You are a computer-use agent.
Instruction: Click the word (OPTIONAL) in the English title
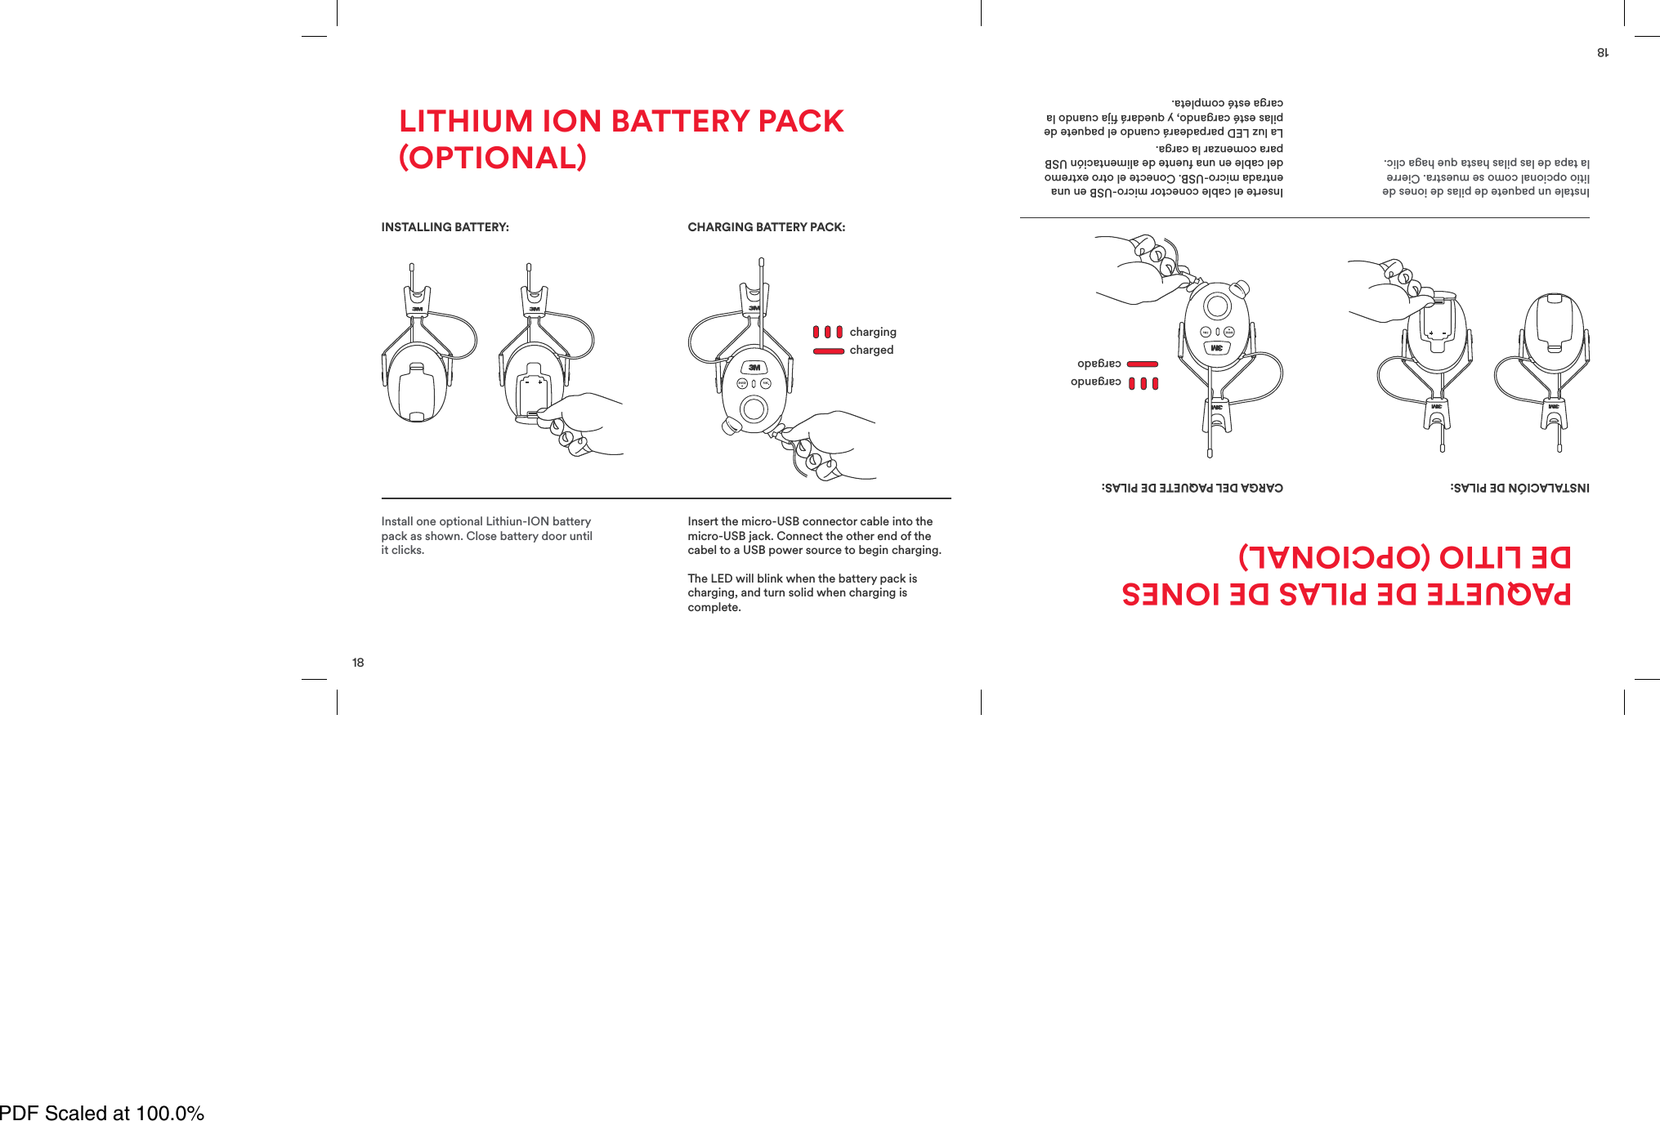click(x=492, y=158)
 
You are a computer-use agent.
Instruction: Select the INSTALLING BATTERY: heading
click(x=445, y=227)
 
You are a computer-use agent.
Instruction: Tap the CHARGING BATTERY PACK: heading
click(x=766, y=227)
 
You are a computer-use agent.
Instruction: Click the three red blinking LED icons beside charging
click(x=827, y=332)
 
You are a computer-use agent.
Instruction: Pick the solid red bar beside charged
click(x=828, y=351)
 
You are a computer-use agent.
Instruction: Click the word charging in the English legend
click(x=873, y=332)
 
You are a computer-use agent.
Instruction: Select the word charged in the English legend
click(x=871, y=350)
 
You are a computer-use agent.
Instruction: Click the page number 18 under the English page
click(x=358, y=663)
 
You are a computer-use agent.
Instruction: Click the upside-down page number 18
click(x=1602, y=52)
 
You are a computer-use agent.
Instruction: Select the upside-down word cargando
click(x=1096, y=382)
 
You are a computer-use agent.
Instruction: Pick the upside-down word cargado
click(x=1099, y=364)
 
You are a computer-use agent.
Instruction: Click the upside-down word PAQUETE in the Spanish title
click(x=1498, y=594)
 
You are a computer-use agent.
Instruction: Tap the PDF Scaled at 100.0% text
click(x=102, y=1112)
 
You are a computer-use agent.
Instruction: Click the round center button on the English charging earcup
click(x=754, y=409)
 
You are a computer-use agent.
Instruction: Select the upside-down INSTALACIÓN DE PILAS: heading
click(x=1519, y=488)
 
